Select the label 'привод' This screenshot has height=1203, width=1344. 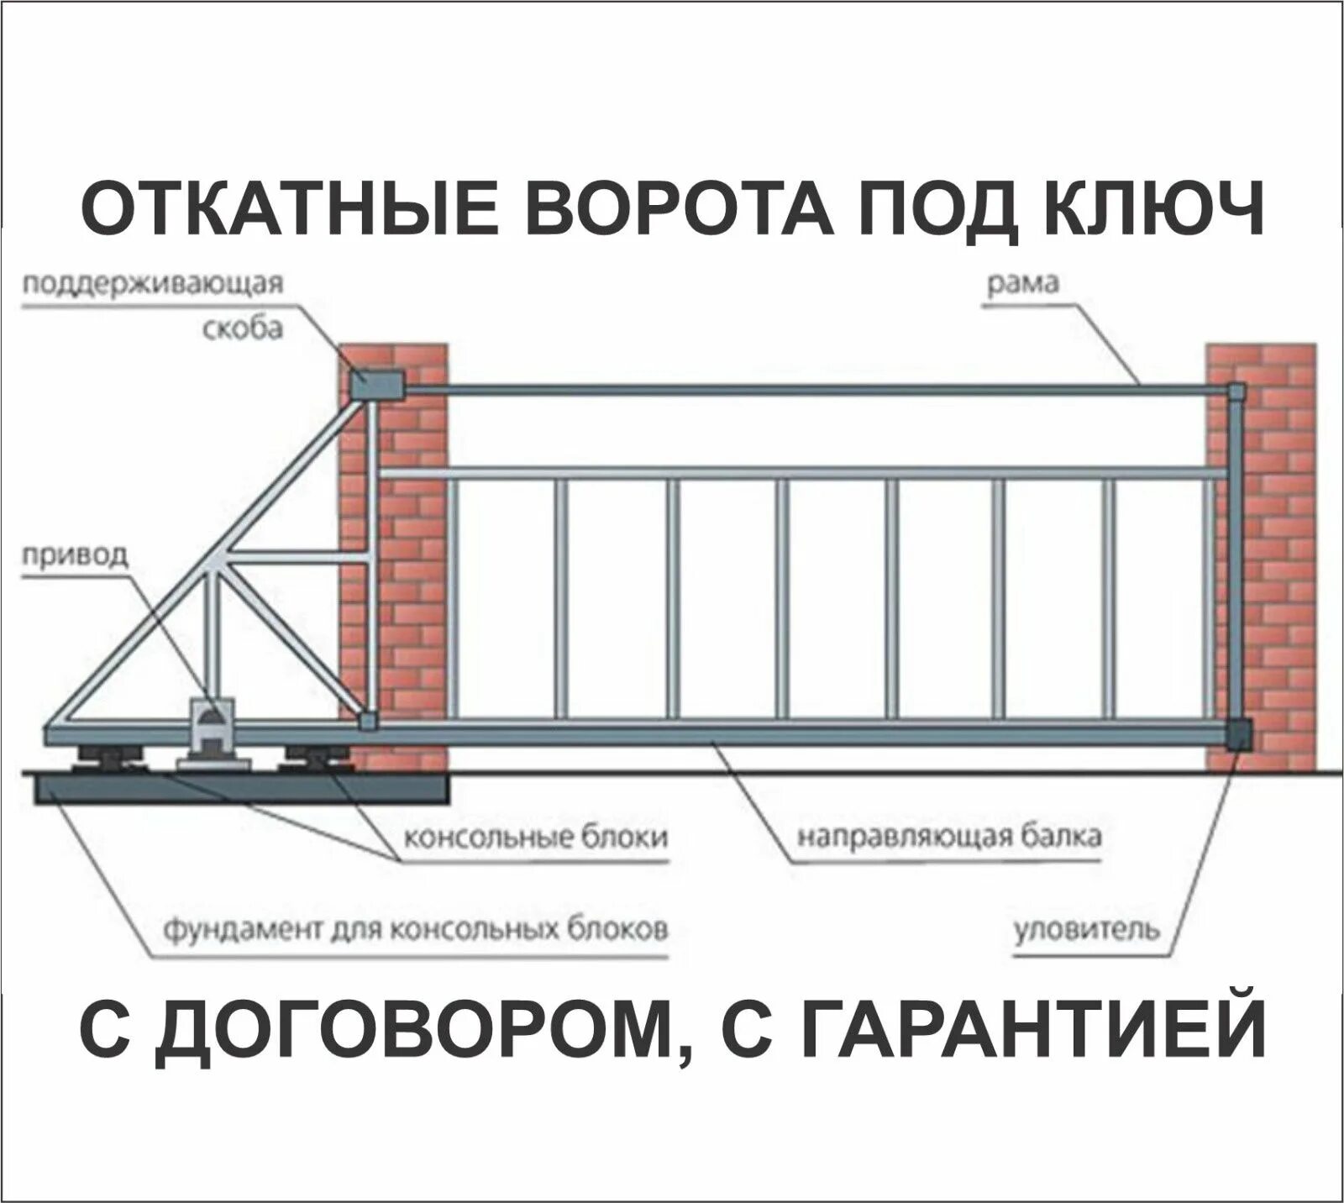pos(76,555)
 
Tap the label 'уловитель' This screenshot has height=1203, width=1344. pos(1088,930)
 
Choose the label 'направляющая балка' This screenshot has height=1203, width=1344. pos(948,837)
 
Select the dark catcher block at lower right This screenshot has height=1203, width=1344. pos(1237,733)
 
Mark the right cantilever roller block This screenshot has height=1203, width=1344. pos(314,757)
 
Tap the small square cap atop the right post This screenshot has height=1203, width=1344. pos(1236,391)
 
